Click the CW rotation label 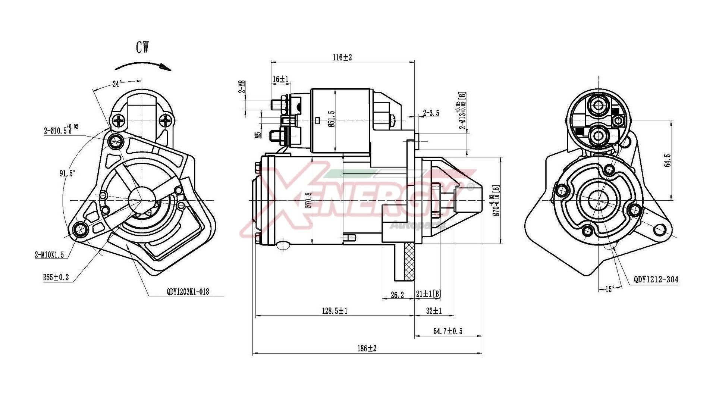[142, 47]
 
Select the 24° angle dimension [117, 84]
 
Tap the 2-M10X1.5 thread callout [49, 255]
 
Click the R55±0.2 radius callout [56, 278]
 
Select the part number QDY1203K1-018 [188, 292]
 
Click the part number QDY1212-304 [656, 279]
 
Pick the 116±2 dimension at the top [342, 57]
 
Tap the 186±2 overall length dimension [367, 348]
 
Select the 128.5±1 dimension [335, 311]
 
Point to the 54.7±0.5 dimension [447, 331]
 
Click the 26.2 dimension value [397, 295]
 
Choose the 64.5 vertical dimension [668, 160]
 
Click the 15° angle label [610, 289]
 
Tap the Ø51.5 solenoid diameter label [331, 119]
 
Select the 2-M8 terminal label [242, 87]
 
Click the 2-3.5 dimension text [431, 113]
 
